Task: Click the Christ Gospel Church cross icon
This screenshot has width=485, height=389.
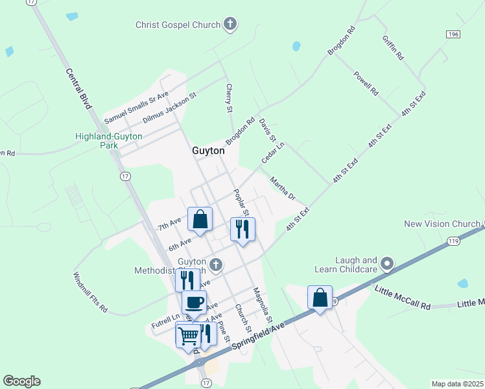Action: pos(230,25)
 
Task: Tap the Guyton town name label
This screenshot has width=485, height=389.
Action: pos(208,150)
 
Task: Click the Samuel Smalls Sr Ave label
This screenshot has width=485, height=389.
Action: pos(136,108)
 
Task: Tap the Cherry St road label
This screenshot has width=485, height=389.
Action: pos(229,98)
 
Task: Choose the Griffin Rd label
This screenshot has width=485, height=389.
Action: pos(393,47)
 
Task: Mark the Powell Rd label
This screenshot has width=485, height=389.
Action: pos(366,84)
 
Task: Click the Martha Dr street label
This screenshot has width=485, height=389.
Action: pos(283,189)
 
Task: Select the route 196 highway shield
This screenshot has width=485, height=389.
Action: pos(453,33)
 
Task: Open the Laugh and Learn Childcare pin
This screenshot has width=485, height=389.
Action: pos(388,263)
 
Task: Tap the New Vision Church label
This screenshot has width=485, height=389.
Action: pos(442,224)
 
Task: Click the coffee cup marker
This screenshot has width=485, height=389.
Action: pos(194,302)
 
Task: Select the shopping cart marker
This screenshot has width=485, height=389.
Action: pos(188,335)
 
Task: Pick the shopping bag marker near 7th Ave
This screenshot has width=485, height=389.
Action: pos(200,219)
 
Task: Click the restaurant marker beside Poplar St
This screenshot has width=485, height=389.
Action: pos(242,230)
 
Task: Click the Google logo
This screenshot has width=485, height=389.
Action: pos(21,381)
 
